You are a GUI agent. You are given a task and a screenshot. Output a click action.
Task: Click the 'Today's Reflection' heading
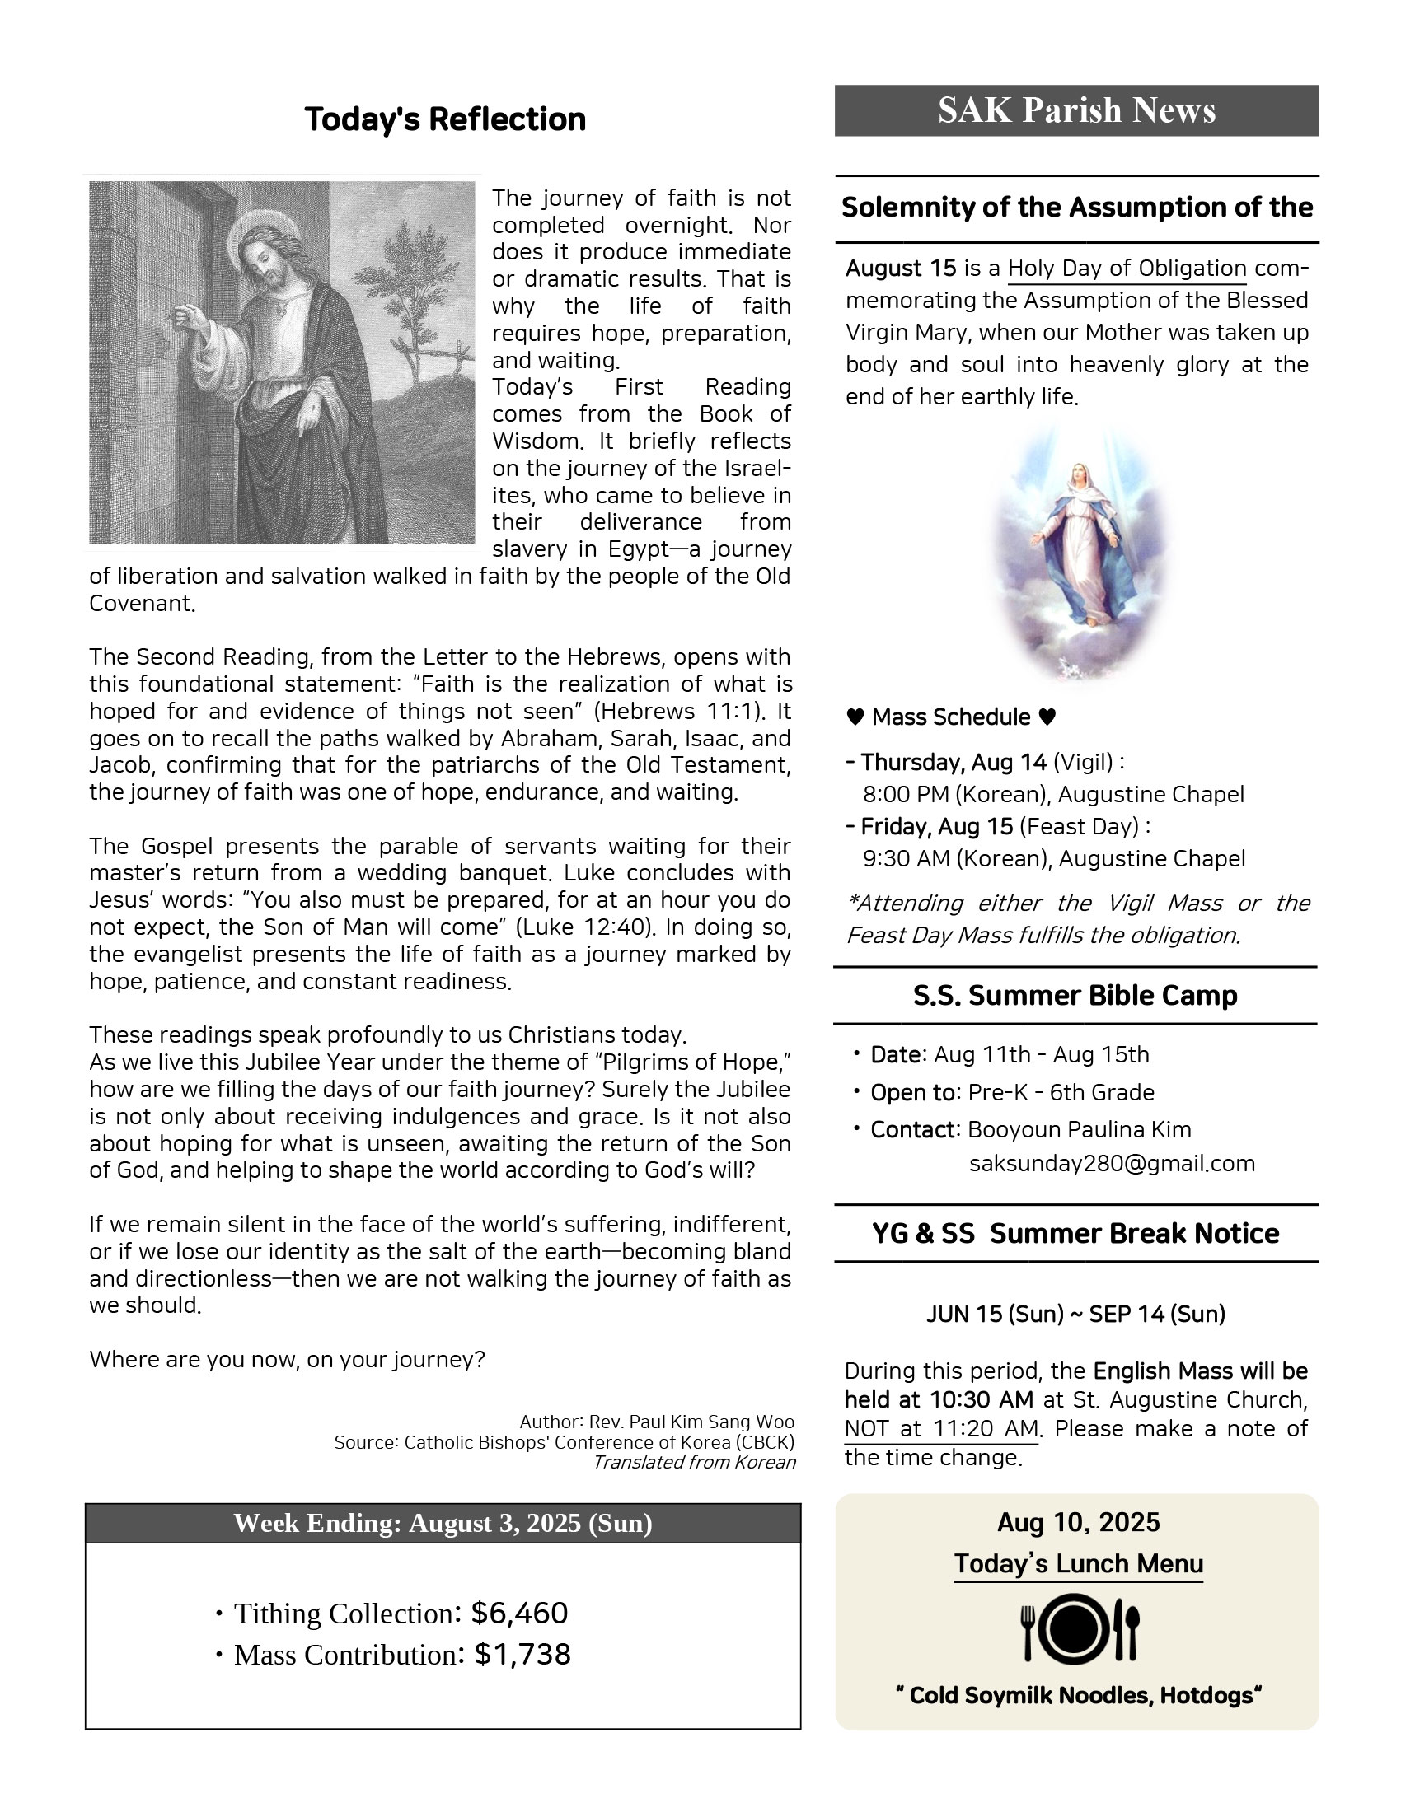(x=445, y=119)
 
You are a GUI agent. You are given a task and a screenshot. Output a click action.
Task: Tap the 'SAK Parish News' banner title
(x=1075, y=110)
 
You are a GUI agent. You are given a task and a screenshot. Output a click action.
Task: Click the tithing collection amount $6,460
(x=518, y=1613)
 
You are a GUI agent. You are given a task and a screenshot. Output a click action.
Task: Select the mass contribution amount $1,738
(x=522, y=1655)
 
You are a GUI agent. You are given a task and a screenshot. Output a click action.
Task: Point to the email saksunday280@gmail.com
(x=1112, y=1163)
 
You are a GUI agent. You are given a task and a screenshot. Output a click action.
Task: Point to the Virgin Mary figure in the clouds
(x=1077, y=544)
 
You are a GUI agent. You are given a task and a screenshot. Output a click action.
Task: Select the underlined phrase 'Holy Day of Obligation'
(x=1127, y=269)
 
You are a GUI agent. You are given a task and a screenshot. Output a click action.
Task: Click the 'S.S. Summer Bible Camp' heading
(x=1075, y=996)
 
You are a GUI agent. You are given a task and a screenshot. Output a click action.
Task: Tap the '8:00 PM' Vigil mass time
(x=906, y=795)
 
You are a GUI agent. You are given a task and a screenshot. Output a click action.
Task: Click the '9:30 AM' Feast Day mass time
(x=906, y=859)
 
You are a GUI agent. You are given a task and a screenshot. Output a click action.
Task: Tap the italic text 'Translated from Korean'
(x=694, y=1462)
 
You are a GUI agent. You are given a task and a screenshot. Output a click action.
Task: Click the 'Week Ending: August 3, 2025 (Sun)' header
(x=443, y=1523)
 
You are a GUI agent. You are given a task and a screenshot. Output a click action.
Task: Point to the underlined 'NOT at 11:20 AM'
(x=941, y=1429)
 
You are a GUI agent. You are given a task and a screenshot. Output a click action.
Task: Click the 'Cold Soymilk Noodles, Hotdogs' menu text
(x=1077, y=1696)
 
